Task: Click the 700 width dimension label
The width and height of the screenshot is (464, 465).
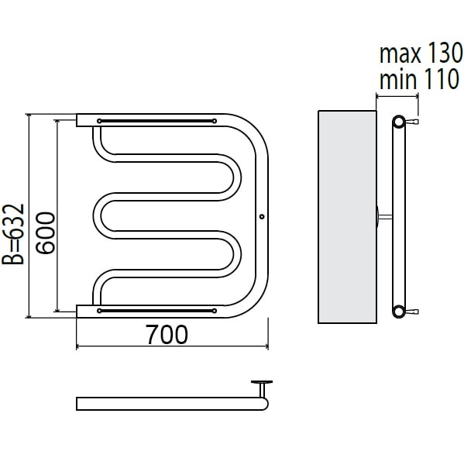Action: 167,334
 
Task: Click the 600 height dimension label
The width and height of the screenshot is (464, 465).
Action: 46,232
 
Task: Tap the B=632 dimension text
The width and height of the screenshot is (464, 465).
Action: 12,234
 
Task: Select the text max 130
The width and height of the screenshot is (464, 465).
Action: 421,53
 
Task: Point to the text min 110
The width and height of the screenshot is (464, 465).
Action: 419,79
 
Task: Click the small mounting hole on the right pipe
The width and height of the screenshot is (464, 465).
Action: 262,217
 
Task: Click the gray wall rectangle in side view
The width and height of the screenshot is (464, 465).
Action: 347,217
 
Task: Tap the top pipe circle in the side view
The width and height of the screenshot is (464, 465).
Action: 399,122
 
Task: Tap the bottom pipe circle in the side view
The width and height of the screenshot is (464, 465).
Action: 399,311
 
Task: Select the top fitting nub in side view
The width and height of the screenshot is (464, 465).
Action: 411,122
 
